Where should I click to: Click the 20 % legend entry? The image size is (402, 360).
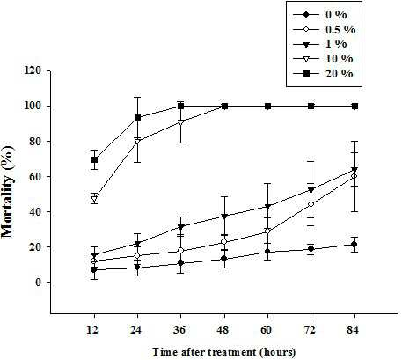[x=324, y=73]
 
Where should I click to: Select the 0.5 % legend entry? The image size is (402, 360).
[x=325, y=29]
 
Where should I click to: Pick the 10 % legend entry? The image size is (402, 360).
[x=324, y=59]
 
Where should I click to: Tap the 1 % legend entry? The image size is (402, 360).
[x=320, y=44]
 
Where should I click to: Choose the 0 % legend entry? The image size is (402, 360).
[x=320, y=15]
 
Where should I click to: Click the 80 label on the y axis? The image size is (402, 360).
[x=35, y=142]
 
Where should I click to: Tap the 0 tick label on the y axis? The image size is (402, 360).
[x=38, y=283]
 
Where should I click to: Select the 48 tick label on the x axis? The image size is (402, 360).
[x=223, y=330]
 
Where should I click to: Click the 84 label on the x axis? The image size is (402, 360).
[x=353, y=330]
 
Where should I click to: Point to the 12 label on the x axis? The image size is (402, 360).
[x=92, y=330]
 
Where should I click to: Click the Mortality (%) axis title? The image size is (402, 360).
[x=8, y=191]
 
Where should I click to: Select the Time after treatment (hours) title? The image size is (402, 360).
[x=223, y=352]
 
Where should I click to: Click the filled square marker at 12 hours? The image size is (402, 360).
[x=94, y=160]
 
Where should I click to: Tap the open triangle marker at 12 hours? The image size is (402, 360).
[x=94, y=199]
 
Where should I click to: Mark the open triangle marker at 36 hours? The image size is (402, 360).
[x=181, y=122]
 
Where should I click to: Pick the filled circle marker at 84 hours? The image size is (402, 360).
[x=354, y=244]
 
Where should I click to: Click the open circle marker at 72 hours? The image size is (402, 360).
[x=311, y=204]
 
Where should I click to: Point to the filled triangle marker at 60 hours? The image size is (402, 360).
[x=267, y=207]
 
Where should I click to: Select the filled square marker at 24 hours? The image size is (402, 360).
[x=137, y=118]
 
